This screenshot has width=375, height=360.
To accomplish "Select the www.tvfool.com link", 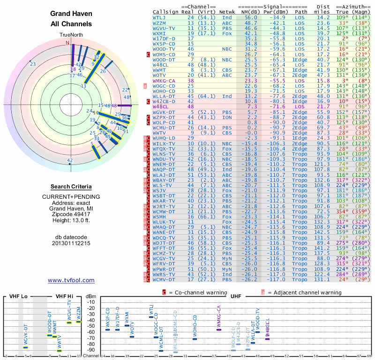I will tap(71, 280).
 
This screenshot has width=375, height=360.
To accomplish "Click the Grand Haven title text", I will tap(71, 14).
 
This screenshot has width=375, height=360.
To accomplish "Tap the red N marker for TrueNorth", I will tap(67, 43).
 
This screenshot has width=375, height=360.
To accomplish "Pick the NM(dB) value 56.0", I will tap(250, 17).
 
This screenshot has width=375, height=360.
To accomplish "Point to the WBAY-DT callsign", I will tap(164, 180).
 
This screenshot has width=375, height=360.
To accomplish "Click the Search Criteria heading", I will tap(71, 186).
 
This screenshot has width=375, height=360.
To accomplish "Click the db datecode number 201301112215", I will tap(71, 243).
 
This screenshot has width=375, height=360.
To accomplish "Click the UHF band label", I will tap(236, 296).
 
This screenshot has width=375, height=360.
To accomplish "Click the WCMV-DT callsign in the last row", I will tap(164, 280).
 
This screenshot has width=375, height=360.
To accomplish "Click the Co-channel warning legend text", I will tap(202, 292).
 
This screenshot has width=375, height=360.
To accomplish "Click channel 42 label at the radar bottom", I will tap(70, 160).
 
